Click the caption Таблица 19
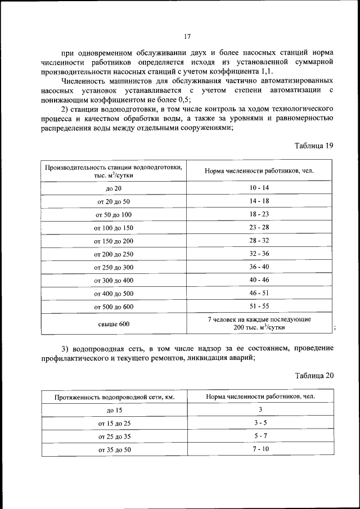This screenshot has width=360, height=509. tap(314, 146)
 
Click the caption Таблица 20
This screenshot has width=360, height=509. tap(314, 376)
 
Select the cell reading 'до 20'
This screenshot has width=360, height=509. tap(113, 188)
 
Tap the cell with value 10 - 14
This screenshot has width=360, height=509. tap(259, 187)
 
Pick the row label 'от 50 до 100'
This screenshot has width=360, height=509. tap(113, 214)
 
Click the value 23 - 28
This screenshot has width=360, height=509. tap(259, 227)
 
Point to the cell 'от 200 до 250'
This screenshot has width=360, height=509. tap(113, 254)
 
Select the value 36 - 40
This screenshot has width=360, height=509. tap(259, 267)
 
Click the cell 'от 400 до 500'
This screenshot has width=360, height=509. tap(113, 294)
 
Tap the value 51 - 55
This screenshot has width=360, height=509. tap(259, 307)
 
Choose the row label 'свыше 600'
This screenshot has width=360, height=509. tap(113, 323)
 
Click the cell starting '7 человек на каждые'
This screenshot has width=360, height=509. tap(259, 323)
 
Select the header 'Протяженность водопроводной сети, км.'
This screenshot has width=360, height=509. tap(114, 397)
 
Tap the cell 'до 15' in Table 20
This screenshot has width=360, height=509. tap(114, 411)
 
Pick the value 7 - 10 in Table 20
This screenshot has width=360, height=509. tap(261, 449)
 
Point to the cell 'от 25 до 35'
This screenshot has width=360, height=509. tap(114, 436)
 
